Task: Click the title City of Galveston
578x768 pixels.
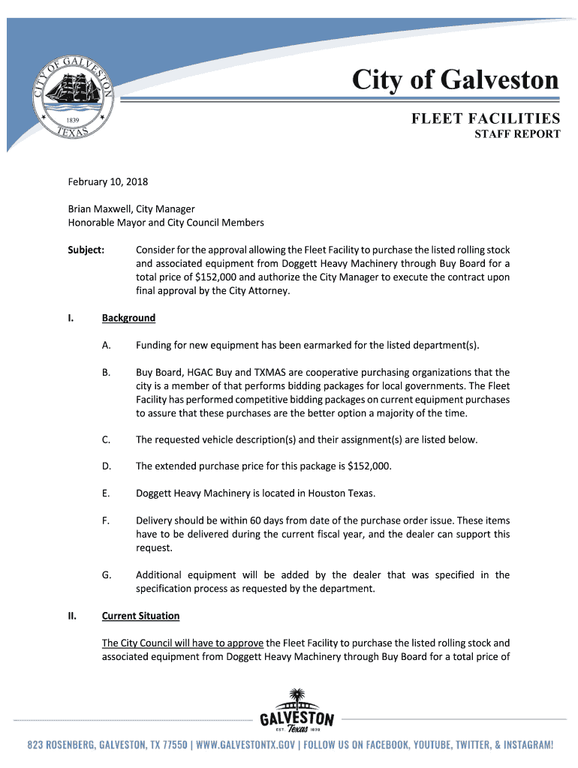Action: pos(456,80)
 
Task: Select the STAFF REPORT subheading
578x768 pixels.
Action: pos(517,134)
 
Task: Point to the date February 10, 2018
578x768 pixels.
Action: pos(108,181)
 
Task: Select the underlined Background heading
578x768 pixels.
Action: pos(128,318)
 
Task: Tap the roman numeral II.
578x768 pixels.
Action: pos(72,616)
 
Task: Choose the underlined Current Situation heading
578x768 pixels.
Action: pos(140,616)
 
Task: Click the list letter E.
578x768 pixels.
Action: pos(106,493)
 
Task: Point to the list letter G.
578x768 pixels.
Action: pos(107,574)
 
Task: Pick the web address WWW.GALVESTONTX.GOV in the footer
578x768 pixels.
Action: pos(245,745)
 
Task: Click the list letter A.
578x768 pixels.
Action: pos(106,345)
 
